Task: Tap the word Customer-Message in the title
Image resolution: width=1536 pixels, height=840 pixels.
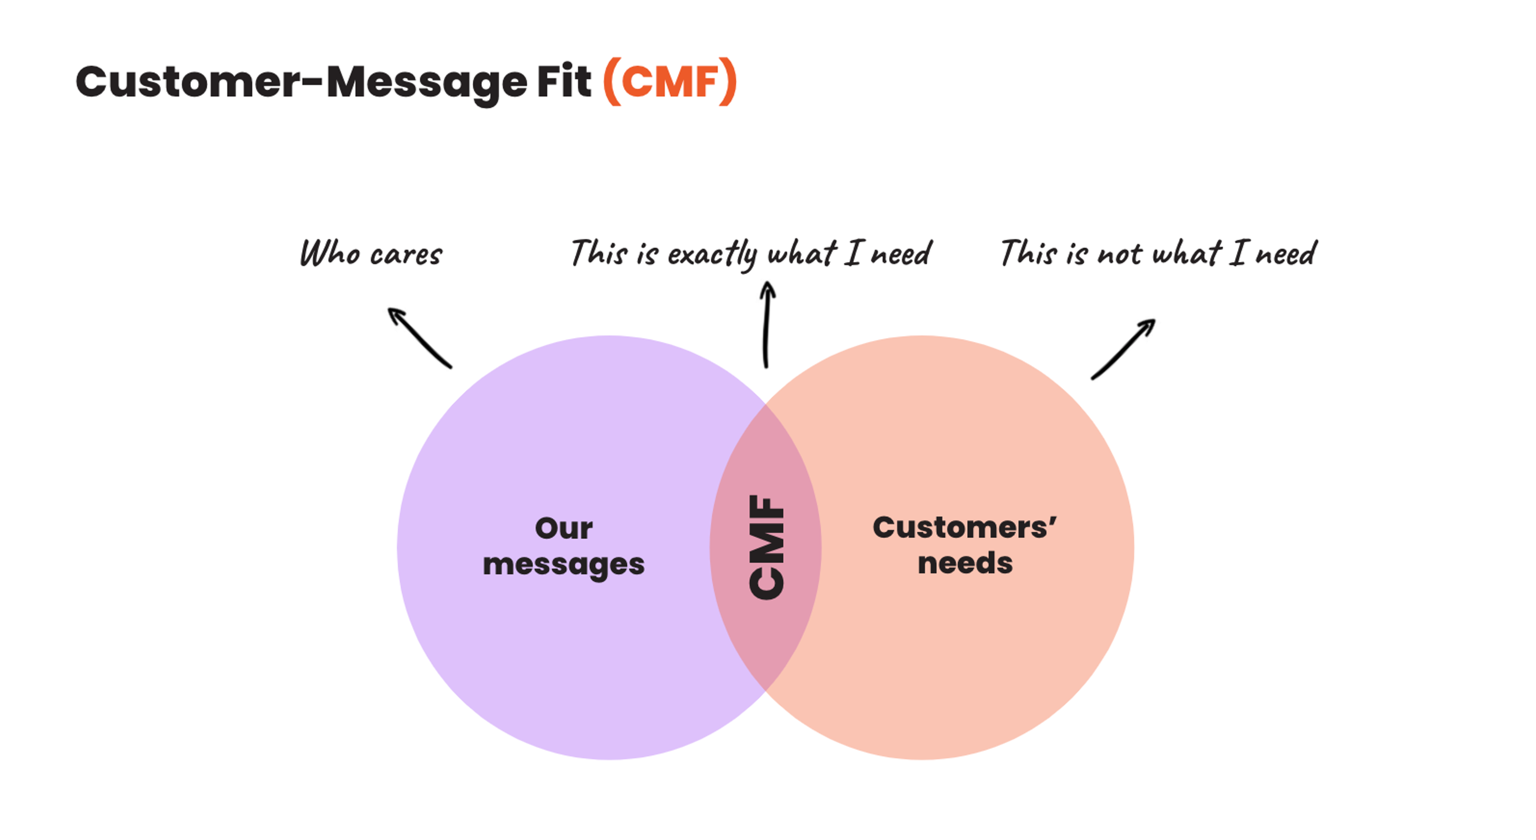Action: tap(301, 82)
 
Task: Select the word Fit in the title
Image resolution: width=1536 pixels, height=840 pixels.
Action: tap(564, 82)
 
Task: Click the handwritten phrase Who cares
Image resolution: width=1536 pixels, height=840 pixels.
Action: tap(371, 253)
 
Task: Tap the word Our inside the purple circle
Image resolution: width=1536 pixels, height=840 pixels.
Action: tap(564, 528)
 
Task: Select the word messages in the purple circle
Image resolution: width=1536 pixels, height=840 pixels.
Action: tap(564, 564)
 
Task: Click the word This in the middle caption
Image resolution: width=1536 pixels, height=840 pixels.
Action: tap(598, 253)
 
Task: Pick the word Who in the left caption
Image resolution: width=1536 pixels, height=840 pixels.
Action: tap(330, 253)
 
